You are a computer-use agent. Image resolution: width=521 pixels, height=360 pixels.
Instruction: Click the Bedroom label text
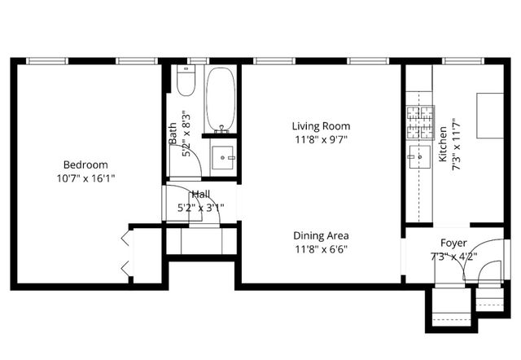tap(85, 165)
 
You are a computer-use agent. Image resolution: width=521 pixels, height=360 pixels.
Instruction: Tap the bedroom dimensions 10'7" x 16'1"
tap(85, 178)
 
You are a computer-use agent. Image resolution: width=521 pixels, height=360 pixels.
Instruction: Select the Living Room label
tap(322, 126)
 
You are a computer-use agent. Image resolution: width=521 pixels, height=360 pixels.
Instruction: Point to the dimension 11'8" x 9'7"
tap(322, 139)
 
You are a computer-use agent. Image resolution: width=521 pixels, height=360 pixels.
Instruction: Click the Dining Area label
tap(322, 235)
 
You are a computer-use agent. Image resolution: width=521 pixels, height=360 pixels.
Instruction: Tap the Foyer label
tap(453, 243)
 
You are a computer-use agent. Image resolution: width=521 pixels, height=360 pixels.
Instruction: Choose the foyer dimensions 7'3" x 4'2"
tap(453, 256)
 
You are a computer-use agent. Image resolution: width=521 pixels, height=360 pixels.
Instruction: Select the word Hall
tap(200, 194)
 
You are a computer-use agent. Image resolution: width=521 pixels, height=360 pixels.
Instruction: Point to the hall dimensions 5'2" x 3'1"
tap(200, 207)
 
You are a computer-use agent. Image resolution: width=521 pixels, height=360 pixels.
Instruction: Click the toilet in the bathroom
tap(185, 83)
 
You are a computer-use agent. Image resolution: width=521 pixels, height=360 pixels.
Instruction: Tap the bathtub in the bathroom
tap(220, 99)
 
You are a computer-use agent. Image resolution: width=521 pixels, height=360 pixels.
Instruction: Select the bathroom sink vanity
tap(222, 156)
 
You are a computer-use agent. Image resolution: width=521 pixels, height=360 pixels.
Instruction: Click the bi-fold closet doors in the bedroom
tap(124, 252)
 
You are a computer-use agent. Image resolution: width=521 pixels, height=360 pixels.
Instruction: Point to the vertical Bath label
tap(173, 134)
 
